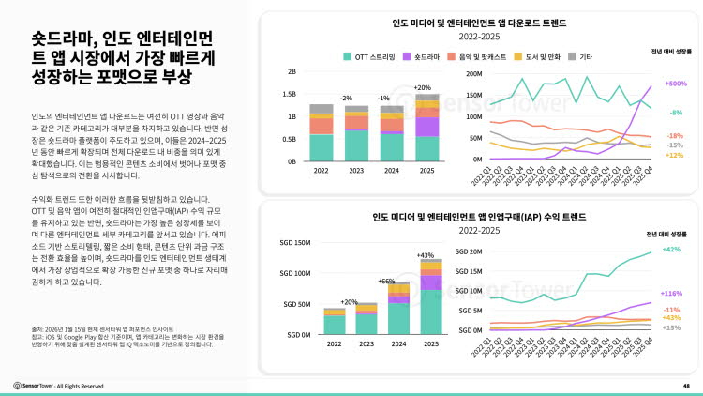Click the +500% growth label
tap(675, 84)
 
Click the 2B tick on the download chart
tap(292, 71)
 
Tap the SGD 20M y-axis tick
tap(471, 251)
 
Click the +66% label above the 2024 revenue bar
tap(387, 281)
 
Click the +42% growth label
tap(672, 250)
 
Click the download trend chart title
tap(479, 22)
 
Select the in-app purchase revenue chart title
tap(479, 215)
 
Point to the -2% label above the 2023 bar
tap(347, 98)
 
